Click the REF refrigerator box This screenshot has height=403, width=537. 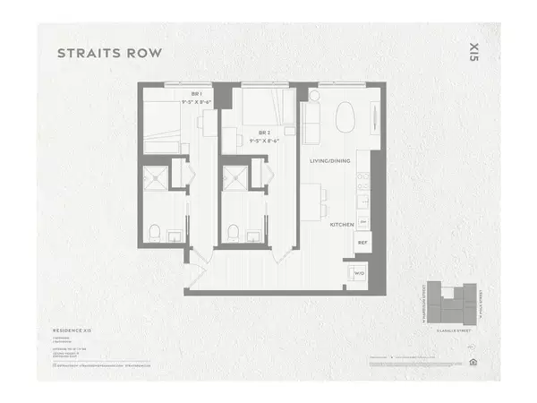click(x=363, y=243)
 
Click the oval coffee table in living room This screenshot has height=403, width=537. click(x=345, y=116)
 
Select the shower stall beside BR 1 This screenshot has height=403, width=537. click(x=155, y=175)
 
